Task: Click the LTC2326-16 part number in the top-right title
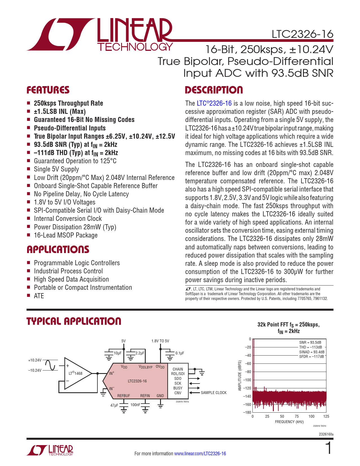point(302,34)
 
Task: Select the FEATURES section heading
point(48,90)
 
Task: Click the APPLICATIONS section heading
point(58,249)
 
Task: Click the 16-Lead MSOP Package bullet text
point(66,235)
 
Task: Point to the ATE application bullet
point(39,296)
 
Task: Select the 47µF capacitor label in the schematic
point(114,405)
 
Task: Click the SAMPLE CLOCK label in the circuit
point(213,393)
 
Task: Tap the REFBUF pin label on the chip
point(124,396)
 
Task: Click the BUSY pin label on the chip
point(178,388)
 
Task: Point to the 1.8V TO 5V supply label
point(160,341)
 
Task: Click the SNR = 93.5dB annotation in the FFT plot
point(310,343)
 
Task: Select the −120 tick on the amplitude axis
point(247,388)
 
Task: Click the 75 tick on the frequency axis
point(296,416)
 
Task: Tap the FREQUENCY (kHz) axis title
point(289,422)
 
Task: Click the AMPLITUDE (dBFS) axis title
point(240,376)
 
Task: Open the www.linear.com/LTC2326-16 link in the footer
point(200,454)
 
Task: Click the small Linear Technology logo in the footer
point(50,450)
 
